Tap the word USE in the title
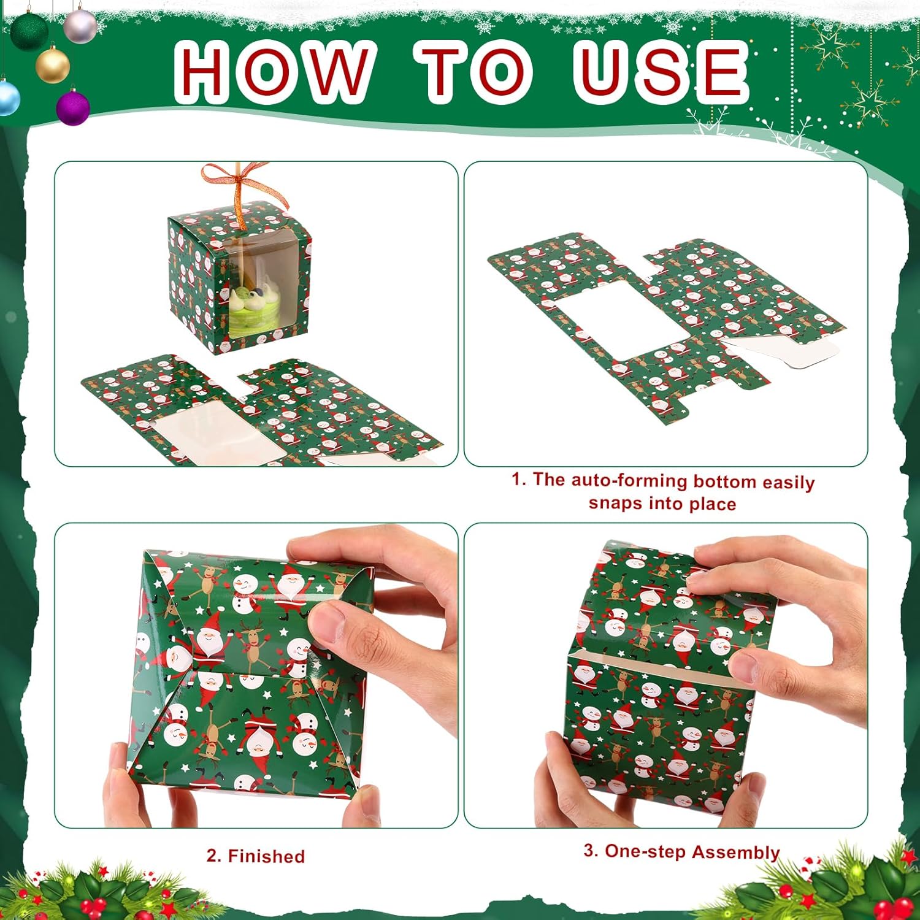tap(661, 72)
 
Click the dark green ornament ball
tap(29, 31)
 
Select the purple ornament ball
tap(73, 107)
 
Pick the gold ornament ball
tap(53, 65)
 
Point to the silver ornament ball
tap(80, 26)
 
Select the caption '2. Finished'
tap(256, 856)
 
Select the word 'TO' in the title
tap(472, 72)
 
